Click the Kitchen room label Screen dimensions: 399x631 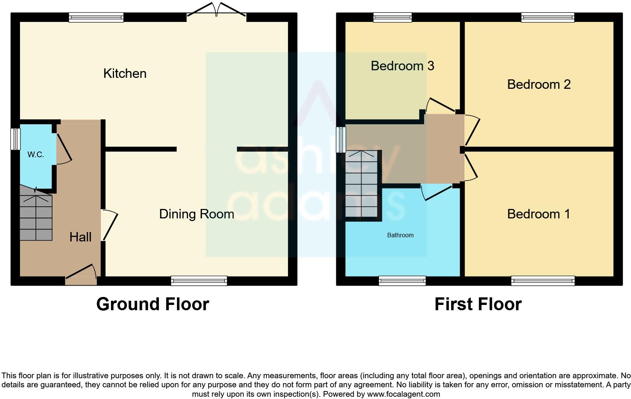[125, 73]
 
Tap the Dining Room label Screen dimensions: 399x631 [196, 214]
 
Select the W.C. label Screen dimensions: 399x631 [35, 155]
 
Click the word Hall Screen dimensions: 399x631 [80, 237]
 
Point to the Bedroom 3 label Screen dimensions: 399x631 [402, 66]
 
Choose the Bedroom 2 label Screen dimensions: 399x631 [539, 84]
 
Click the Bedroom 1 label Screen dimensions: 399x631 [539, 214]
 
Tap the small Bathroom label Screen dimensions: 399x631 [400, 235]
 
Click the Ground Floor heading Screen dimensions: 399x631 [152, 304]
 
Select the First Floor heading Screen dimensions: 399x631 [478, 304]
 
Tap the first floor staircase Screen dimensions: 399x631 [361, 184]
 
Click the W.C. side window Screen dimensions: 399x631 [15, 139]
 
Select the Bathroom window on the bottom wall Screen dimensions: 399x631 [402, 281]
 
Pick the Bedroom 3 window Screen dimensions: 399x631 [392, 17]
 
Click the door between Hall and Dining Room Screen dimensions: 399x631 [109, 225]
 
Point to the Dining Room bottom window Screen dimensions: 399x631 [199, 281]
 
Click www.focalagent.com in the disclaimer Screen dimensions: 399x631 [403, 394]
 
